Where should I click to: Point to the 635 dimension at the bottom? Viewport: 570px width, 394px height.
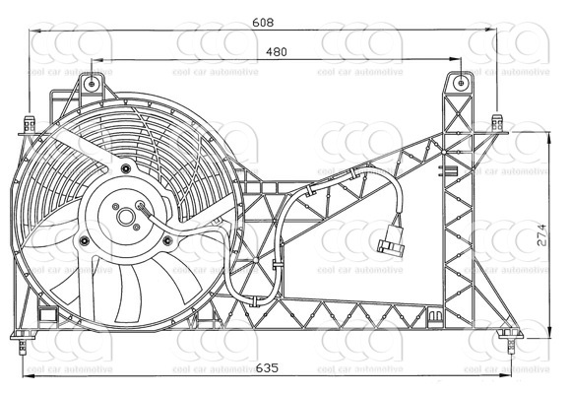point(267,369)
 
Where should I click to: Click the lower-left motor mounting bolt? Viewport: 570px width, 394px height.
point(86,239)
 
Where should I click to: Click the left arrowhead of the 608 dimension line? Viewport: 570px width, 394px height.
point(35,32)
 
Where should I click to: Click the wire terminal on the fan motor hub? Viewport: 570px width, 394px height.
point(142,207)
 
